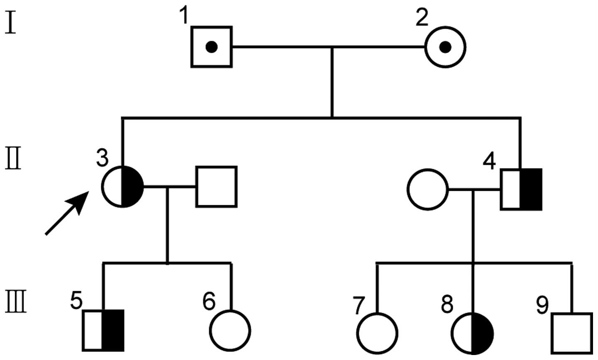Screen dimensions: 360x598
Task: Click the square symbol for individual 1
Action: (x=212, y=47)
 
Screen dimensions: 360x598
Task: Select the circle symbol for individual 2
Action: (x=445, y=47)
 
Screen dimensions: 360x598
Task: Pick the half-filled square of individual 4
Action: (x=521, y=189)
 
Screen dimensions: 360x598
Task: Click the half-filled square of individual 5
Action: (x=103, y=330)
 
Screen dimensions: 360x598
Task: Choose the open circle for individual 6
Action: (x=231, y=331)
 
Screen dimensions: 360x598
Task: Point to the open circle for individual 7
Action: (x=378, y=333)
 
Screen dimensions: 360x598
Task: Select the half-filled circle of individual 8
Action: (x=473, y=333)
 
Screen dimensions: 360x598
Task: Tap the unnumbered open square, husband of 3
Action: (x=216, y=187)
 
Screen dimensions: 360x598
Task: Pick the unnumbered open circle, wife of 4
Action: (x=428, y=190)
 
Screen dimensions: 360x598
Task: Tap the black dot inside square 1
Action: (x=212, y=47)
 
